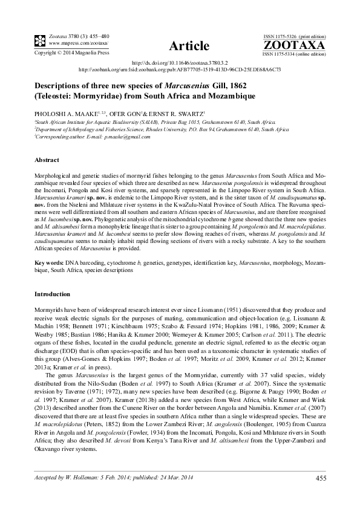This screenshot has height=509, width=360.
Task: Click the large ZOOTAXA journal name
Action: (x=294, y=45)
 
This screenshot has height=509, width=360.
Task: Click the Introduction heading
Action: (x=53, y=294)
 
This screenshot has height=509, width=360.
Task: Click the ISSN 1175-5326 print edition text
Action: (x=294, y=36)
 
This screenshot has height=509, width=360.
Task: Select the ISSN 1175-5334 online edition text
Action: (x=294, y=54)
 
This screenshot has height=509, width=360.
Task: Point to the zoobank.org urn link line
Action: (x=180, y=70)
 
